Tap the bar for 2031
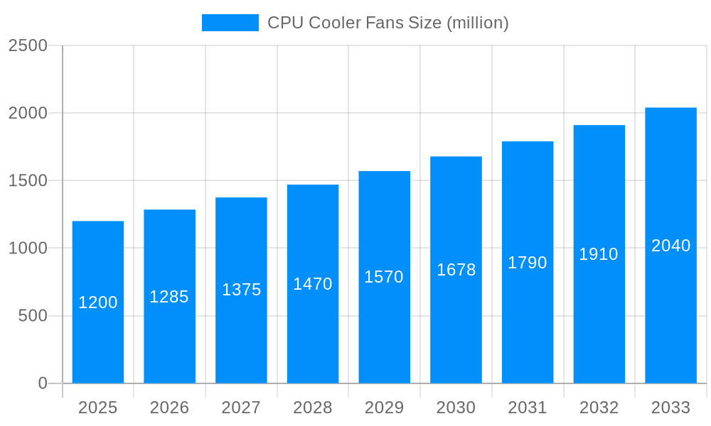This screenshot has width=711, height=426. tap(528, 319)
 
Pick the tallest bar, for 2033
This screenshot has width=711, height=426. tap(670, 312)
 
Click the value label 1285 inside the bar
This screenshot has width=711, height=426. tap(169, 297)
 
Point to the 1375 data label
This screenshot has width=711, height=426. tap(241, 290)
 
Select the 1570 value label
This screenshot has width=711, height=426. tap(384, 277)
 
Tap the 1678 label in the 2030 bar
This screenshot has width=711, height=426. tap(456, 270)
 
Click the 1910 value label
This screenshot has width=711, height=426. tap(599, 254)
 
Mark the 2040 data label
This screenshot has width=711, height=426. tap(670, 246)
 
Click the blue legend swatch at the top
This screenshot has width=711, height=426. tap(230, 23)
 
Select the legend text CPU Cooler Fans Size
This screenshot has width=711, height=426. tap(387, 23)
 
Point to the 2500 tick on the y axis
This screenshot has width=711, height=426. tap(28, 45)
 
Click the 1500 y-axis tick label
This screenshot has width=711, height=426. tap(28, 180)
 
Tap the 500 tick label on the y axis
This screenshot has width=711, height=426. tap(33, 316)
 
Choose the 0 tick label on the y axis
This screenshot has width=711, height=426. tap(43, 383)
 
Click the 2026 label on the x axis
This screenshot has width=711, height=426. tap(169, 408)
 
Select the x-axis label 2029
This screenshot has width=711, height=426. tap(384, 408)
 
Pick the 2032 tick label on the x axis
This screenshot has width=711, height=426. tap(599, 408)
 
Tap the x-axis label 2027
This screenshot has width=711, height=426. tap(241, 408)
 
